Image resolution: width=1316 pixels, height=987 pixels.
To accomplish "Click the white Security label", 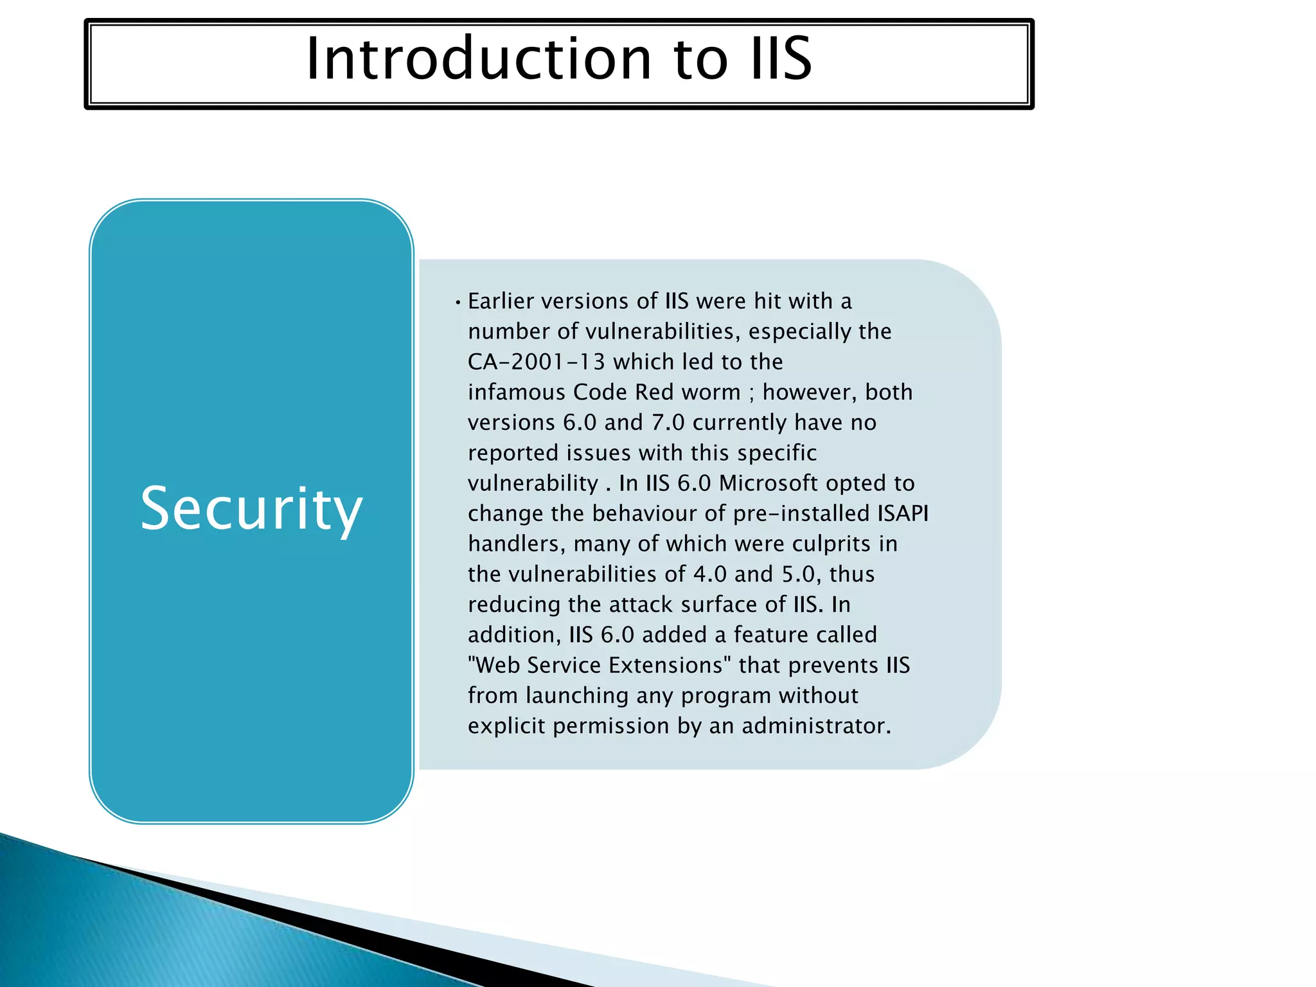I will pos(251,509).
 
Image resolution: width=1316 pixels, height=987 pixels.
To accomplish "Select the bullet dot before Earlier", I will pos(458,303).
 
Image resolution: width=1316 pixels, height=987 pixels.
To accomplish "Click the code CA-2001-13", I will pos(536,362).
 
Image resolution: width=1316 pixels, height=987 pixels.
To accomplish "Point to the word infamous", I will pos(516,392).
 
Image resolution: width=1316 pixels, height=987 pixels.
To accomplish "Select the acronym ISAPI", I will pos(902,513).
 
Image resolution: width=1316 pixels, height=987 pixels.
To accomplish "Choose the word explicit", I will pos(506,726).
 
